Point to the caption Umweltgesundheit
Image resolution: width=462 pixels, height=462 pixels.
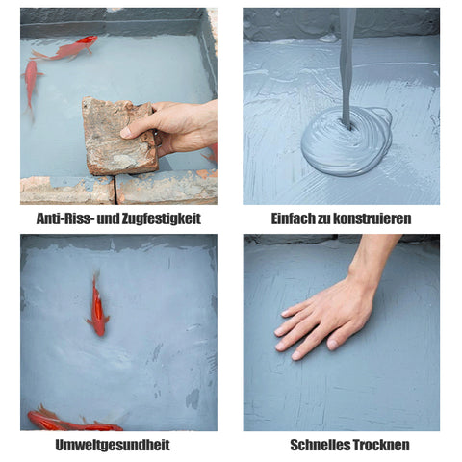click(x=113, y=445)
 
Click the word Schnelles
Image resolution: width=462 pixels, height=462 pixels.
click(x=320, y=445)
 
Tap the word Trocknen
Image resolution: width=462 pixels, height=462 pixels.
click(x=381, y=445)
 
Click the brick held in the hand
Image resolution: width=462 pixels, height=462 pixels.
click(x=119, y=136)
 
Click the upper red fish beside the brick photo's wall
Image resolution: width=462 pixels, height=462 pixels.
click(x=65, y=49)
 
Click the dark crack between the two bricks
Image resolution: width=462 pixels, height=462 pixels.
click(x=115, y=191)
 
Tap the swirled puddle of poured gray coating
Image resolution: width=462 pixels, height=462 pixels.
click(x=346, y=141)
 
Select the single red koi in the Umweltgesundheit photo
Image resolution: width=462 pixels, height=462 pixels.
click(x=98, y=306)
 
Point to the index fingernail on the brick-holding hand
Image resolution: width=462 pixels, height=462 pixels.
click(x=125, y=133)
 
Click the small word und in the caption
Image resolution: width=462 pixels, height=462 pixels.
click(x=108, y=218)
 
